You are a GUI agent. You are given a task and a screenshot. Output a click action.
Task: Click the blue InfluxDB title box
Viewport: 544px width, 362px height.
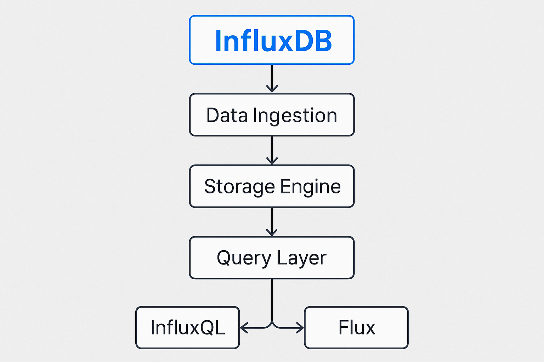[x=272, y=40]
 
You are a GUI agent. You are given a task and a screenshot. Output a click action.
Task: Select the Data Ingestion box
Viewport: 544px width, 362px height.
[x=272, y=115]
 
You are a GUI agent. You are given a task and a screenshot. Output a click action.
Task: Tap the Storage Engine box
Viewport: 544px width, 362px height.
[x=272, y=186]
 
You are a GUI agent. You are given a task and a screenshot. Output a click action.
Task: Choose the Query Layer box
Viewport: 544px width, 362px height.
[x=272, y=258]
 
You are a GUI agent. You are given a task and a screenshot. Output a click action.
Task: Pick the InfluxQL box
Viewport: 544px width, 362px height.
[x=188, y=328]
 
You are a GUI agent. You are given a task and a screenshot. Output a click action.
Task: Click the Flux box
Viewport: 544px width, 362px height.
[x=356, y=328]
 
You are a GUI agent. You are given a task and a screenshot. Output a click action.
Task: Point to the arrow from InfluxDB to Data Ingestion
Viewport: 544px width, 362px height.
[x=272, y=78]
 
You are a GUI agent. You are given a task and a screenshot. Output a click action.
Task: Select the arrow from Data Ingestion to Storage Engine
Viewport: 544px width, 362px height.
[x=272, y=150]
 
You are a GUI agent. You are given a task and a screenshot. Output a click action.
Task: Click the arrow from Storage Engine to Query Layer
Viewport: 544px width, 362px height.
[x=272, y=222]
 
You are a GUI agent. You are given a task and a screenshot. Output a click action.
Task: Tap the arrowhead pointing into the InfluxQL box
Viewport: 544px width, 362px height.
[x=243, y=328]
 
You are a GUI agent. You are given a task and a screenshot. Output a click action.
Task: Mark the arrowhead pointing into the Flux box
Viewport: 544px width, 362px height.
[x=300, y=328]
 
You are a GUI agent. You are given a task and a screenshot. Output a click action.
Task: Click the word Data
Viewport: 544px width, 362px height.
[x=227, y=115]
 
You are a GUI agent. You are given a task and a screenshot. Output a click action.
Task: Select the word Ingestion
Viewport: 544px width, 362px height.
[x=295, y=116]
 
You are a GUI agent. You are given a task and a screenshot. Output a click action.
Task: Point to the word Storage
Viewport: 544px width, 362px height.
[x=239, y=187]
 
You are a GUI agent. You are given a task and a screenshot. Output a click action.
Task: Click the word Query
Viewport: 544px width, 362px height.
[x=244, y=258]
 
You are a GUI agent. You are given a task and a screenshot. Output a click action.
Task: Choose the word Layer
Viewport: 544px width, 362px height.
[x=302, y=258]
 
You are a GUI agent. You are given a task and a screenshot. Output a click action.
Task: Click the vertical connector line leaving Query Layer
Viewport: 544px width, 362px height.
[x=272, y=300]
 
